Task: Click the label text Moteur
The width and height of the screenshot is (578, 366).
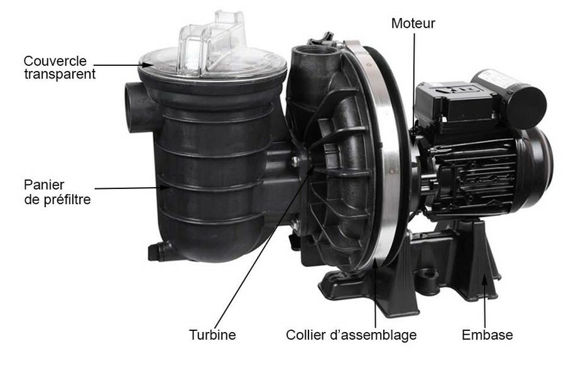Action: [413, 23]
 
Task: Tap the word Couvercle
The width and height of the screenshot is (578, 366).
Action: [55, 61]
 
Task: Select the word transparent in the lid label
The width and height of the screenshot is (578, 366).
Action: [60, 74]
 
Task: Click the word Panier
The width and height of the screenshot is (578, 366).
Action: [44, 185]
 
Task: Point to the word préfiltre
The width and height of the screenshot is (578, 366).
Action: [67, 200]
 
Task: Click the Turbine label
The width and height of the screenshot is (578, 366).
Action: [212, 335]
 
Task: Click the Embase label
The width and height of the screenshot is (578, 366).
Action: [487, 335]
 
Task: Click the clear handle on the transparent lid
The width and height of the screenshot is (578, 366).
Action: [212, 42]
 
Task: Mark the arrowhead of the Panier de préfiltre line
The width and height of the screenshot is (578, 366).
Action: [167, 188]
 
